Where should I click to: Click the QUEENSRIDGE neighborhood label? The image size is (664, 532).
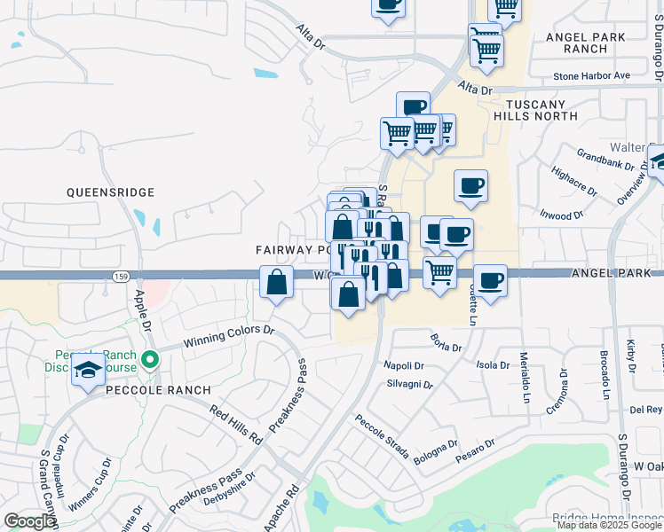(111, 192)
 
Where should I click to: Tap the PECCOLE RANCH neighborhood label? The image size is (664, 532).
(156, 390)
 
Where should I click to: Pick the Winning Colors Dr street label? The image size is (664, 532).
(228, 336)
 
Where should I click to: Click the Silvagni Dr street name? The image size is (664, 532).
(409, 386)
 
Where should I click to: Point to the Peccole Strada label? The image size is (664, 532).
(382, 437)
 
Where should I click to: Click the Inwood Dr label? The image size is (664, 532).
(561, 215)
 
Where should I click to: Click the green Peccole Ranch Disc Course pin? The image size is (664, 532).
(150, 360)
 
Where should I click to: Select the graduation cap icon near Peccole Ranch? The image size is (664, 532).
(88, 372)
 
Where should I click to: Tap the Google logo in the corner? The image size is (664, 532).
(29, 522)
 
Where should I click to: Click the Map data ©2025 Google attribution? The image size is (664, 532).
(609, 525)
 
